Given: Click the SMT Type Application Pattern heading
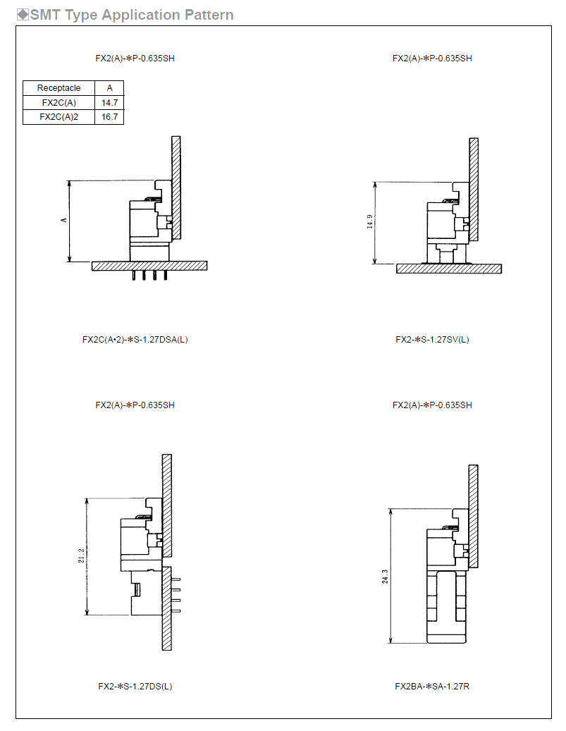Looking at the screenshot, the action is (132, 15).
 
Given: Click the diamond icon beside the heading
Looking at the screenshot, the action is (23, 15).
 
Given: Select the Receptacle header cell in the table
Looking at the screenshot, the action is (59, 88).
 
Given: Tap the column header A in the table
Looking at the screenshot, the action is (109, 88).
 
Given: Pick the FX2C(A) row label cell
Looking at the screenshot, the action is (59, 102).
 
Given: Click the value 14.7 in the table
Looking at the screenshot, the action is (109, 102).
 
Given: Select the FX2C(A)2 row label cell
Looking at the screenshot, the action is (59, 117).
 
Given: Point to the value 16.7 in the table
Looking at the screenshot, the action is (109, 117).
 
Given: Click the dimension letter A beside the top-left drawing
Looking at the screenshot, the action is (64, 220).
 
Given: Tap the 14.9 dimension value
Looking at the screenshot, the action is (370, 221).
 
